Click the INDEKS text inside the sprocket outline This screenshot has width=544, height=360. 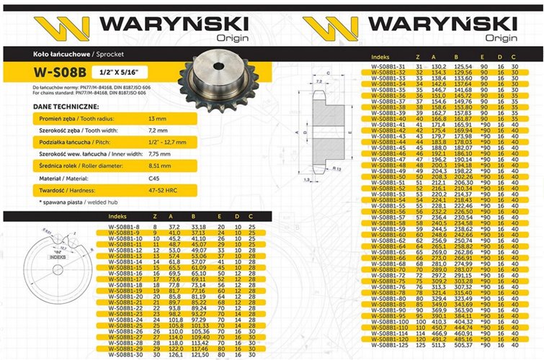(57, 255)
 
